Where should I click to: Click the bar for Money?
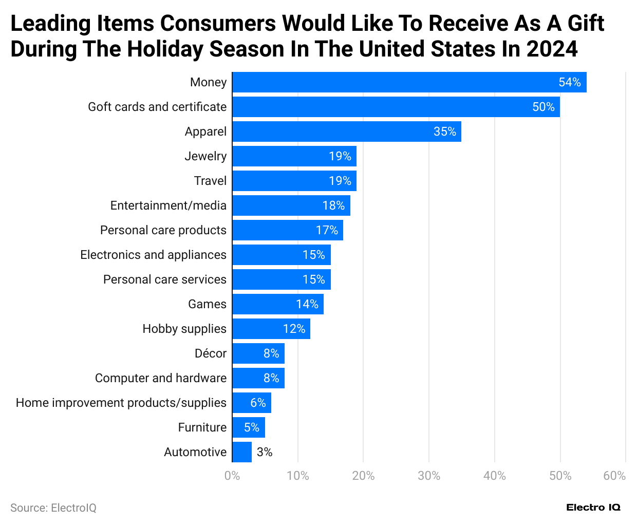click(409, 82)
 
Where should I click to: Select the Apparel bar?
click(346, 132)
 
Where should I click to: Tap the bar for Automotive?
click(242, 452)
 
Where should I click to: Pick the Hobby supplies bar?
click(271, 329)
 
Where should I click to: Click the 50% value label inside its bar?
click(544, 107)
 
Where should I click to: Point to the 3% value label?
click(265, 452)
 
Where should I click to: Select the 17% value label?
click(327, 230)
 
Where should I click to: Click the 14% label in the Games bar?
click(307, 304)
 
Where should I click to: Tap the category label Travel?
click(210, 181)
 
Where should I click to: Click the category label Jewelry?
click(205, 156)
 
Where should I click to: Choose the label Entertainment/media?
click(168, 205)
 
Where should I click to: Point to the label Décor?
click(211, 353)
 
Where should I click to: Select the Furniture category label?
click(202, 427)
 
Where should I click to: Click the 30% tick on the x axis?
click(429, 476)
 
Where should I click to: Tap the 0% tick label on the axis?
click(232, 476)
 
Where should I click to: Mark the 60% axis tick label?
click(614, 476)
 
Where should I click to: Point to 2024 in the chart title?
click(552, 49)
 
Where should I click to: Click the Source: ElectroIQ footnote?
click(53, 508)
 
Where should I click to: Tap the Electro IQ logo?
click(593, 508)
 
